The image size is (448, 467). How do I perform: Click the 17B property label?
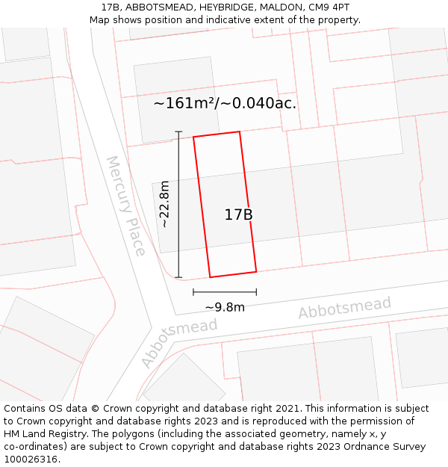pos(238,215)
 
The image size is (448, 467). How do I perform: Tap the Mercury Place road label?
pos(125,205)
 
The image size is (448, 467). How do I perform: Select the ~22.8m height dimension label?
pos(164,204)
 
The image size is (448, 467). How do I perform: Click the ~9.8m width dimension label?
pos(225,307)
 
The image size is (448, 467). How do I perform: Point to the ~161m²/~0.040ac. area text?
pos(225,103)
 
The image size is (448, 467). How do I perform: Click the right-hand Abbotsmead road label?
pos(345,307)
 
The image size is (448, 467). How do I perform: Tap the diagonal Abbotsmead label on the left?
pos(178,342)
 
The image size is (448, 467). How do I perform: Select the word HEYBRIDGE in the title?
pos(221,7)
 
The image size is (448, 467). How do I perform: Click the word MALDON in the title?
pos(278,7)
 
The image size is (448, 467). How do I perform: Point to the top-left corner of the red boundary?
pos(193,137)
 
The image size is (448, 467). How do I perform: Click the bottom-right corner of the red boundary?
pos(256,271)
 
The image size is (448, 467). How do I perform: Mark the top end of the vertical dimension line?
pos(178,132)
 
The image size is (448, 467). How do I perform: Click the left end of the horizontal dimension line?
pos(193,292)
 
